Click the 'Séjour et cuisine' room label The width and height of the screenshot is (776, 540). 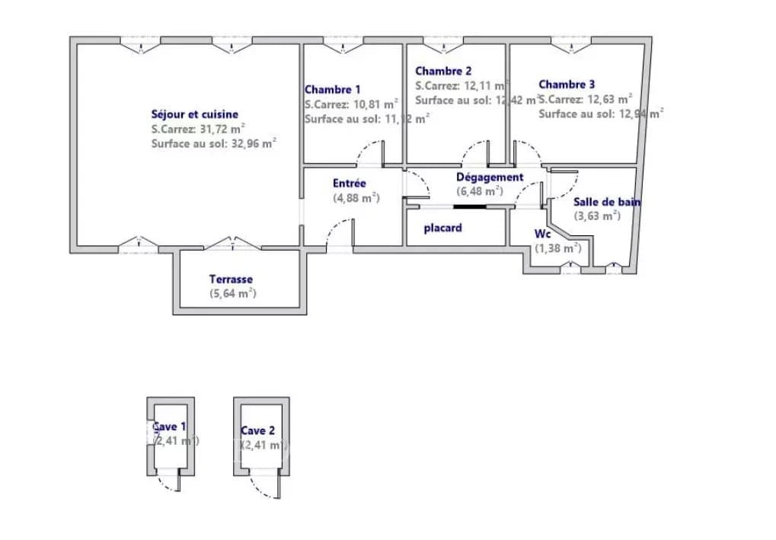click(x=194, y=114)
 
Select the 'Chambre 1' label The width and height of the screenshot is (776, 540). click(x=333, y=90)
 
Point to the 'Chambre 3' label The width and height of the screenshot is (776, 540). click(x=567, y=85)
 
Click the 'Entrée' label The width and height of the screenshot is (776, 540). click(x=350, y=184)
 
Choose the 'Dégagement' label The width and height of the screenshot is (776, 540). click(x=490, y=177)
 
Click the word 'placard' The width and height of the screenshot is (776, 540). click(x=442, y=228)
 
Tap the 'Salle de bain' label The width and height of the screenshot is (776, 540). click(x=606, y=202)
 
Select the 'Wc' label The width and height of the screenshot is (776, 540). click(x=542, y=234)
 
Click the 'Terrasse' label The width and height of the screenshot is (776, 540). click(x=231, y=280)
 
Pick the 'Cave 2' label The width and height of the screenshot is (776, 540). click(x=257, y=431)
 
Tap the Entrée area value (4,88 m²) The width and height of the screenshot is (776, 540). click(x=356, y=198)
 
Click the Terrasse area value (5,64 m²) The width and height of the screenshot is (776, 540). click(x=232, y=293)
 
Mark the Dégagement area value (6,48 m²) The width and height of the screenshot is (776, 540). click(x=479, y=192)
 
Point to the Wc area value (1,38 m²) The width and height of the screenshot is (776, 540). click(x=557, y=248)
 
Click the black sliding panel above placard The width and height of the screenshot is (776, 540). click(x=465, y=205)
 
